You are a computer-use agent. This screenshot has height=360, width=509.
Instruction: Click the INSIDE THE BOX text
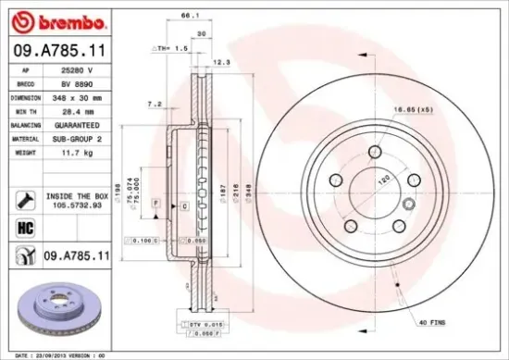click(x=78, y=196)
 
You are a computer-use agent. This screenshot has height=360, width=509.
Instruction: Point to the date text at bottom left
click(x=56, y=354)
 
